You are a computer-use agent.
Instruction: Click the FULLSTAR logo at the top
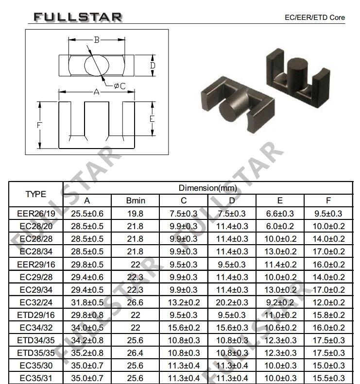pyautogui.click(x=78, y=17)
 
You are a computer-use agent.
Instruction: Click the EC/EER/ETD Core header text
pyautogui.click(x=315, y=17)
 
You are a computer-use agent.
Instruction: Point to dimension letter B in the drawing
pyautogui.click(x=97, y=40)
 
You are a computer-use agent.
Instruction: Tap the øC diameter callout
pyautogui.click(x=120, y=86)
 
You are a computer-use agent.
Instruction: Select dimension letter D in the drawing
pyautogui.click(x=153, y=66)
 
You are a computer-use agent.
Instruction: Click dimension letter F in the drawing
pyautogui.click(x=39, y=125)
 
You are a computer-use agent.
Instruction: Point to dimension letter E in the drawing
pyautogui.click(x=152, y=119)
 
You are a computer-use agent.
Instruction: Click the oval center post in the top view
pyautogui.click(x=97, y=65)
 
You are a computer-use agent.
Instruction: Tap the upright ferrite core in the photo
pyautogui.click(x=298, y=77)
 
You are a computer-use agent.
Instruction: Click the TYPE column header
pyautogui.click(x=36, y=194)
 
